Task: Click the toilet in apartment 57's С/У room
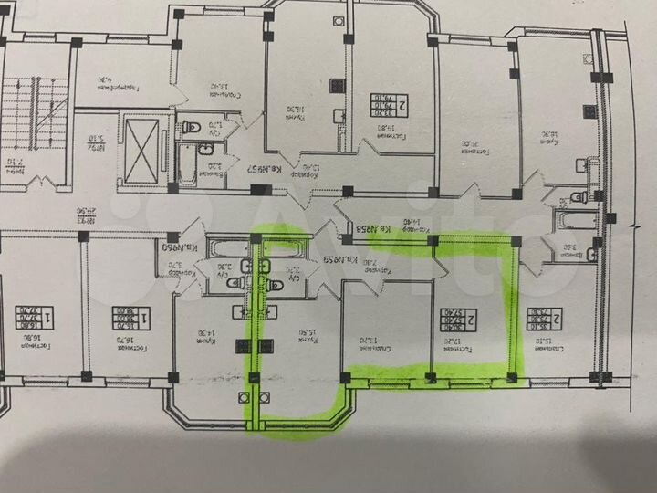[194, 126]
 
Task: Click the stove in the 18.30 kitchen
[339, 86]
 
